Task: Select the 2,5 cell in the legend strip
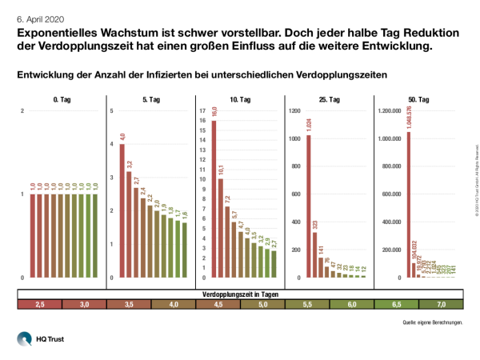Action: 39,305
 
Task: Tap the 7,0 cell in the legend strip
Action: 440,305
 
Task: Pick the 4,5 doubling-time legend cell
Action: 218,305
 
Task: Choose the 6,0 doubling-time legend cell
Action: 351,305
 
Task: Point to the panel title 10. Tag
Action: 239,100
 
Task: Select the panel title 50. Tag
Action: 418,100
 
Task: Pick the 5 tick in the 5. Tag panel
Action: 112,110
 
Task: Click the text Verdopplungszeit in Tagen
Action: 240,295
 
